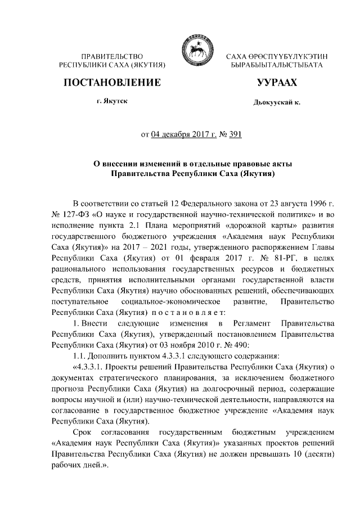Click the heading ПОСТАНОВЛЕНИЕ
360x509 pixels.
(111, 83)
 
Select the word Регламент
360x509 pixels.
(255, 325)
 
